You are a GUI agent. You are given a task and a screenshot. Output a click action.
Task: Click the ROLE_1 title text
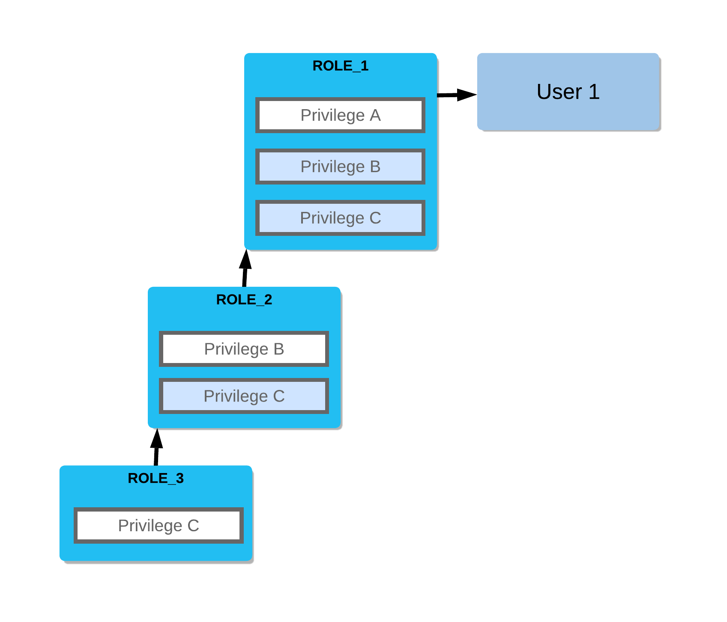click(340, 66)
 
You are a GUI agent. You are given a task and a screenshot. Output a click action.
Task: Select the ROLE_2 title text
click(244, 300)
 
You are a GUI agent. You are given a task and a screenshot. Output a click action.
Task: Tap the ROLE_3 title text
click(156, 478)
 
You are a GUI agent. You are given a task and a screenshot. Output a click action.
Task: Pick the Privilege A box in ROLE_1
click(340, 115)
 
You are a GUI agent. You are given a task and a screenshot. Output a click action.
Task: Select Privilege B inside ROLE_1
click(340, 167)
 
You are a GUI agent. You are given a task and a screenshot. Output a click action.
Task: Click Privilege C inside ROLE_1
click(340, 218)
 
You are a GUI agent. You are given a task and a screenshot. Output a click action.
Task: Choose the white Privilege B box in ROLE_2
click(244, 349)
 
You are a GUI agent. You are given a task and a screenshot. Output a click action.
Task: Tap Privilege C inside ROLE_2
click(244, 396)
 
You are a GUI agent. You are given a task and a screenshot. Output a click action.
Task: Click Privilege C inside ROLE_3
click(159, 526)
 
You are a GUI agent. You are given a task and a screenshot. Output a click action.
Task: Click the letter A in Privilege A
click(375, 115)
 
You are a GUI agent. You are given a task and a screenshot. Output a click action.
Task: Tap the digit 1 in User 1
click(594, 92)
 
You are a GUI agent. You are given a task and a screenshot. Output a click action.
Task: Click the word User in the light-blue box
click(559, 92)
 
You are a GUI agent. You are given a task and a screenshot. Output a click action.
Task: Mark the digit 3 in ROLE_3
click(180, 478)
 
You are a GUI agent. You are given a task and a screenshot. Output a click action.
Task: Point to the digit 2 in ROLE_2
click(268, 300)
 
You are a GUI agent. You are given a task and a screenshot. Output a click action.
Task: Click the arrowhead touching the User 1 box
click(467, 95)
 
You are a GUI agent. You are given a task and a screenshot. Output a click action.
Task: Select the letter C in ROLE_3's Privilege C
click(193, 526)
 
